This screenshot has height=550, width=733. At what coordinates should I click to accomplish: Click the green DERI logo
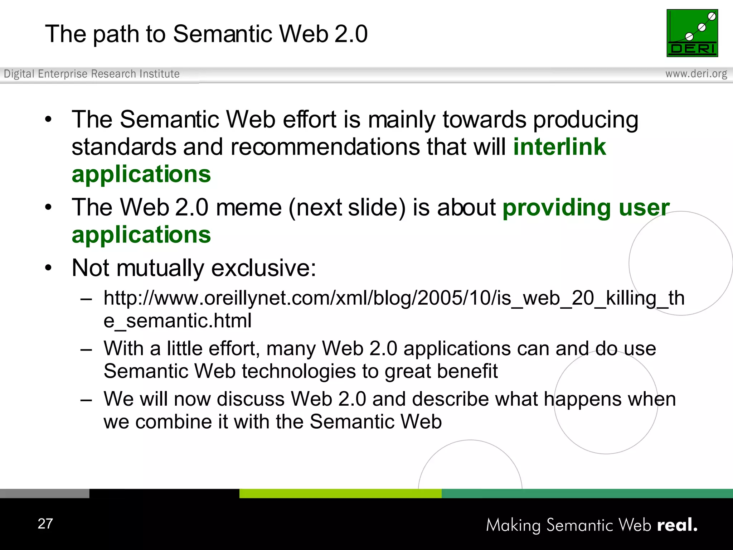pyautogui.click(x=692, y=33)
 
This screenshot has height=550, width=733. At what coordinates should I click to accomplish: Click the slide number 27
pyautogui.click(x=45, y=524)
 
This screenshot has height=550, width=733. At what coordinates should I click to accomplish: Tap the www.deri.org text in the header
pyautogui.click(x=696, y=74)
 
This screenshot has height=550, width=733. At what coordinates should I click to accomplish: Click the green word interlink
pyautogui.click(x=559, y=147)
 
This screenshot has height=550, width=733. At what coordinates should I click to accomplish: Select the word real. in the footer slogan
pyautogui.click(x=677, y=525)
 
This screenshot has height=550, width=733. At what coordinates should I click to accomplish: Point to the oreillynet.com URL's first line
pyautogui.click(x=394, y=298)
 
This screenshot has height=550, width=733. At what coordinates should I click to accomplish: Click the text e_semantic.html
pyautogui.click(x=178, y=320)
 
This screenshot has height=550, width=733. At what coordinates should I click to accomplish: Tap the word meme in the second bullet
pyautogui.click(x=249, y=208)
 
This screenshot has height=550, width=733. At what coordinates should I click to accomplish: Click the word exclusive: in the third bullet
pyautogui.click(x=264, y=268)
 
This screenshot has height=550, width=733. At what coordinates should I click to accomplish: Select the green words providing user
pyautogui.click(x=586, y=208)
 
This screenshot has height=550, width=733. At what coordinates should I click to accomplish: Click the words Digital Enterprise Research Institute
pyautogui.click(x=92, y=74)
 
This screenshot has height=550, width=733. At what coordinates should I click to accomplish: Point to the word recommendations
pyautogui.click(x=325, y=147)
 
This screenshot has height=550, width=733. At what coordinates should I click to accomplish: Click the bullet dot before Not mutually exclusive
pyautogui.click(x=49, y=267)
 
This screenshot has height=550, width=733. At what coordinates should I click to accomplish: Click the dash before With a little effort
pyautogui.click(x=86, y=349)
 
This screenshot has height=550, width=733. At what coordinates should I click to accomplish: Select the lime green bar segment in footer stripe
pyautogui.click(x=340, y=493)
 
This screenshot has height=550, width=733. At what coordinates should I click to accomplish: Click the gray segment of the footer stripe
pyautogui.click(x=44, y=493)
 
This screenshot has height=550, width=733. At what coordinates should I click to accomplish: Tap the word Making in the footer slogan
pyautogui.click(x=513, y=525)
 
